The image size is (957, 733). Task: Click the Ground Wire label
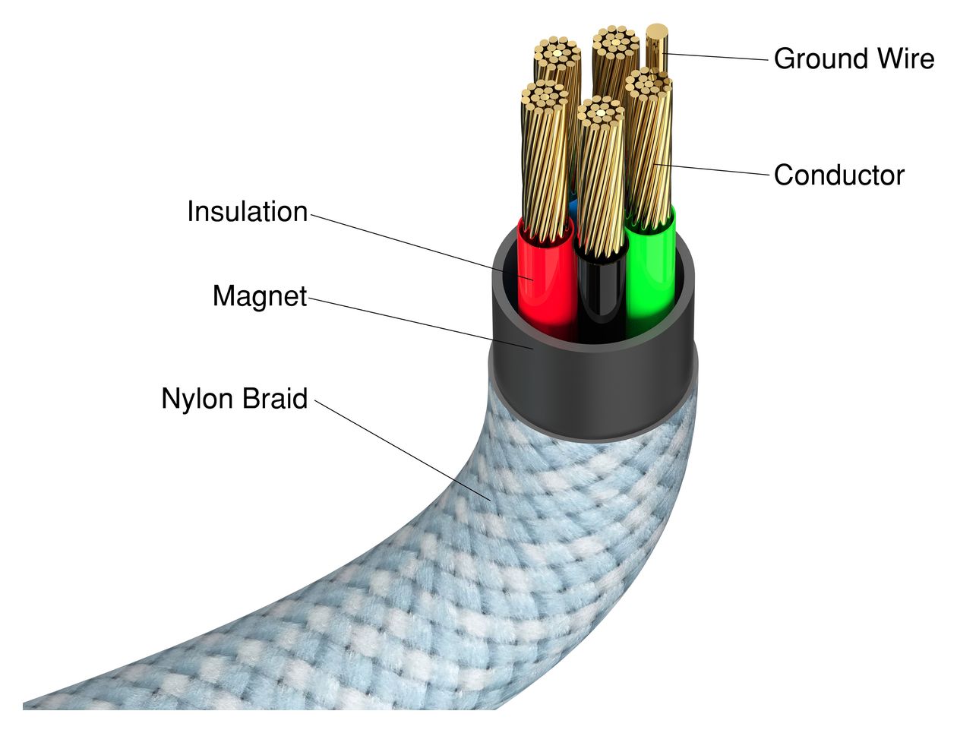point(854,58)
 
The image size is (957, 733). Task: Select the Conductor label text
point(839,175)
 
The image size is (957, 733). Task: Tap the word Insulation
point(248,212)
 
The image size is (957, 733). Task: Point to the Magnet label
point(260,296)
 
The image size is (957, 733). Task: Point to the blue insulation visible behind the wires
point(573,207)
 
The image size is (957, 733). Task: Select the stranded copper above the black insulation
point(600,182)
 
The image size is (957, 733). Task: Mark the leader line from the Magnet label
point(418,322)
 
